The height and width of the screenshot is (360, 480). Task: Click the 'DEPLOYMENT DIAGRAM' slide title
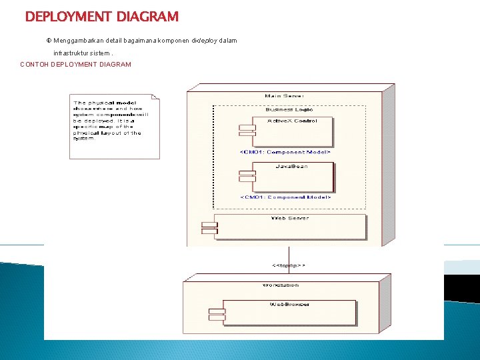tap(101, 16)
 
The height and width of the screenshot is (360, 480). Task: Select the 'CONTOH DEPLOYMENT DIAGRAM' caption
tap(76, 65)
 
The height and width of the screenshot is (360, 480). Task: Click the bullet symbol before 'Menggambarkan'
tap(49, 41)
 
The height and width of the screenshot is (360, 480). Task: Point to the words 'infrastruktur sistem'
tap(83, 53)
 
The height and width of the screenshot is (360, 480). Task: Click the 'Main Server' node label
tap(284, 95)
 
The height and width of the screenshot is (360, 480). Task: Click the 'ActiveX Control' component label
tap(292, 121)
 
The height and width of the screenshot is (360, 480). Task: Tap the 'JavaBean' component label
tap(292, 166)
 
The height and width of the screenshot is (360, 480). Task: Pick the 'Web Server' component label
tap(289, 218)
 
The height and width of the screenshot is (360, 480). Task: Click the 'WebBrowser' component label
tap(289, 304)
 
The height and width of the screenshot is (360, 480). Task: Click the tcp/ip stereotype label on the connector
tap(289, 265)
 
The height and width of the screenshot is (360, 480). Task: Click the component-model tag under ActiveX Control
tap(285, 152)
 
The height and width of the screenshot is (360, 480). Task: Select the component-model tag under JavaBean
tap(285, 197)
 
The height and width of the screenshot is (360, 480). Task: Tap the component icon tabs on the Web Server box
tap(210, 227)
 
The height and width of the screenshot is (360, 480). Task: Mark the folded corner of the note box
tap(156, 97)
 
